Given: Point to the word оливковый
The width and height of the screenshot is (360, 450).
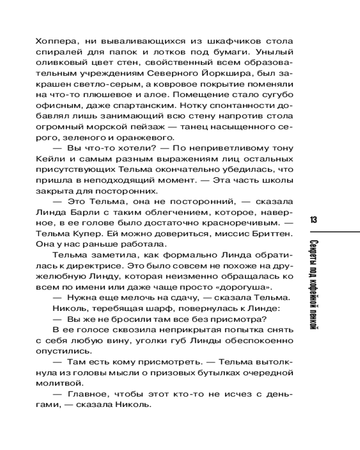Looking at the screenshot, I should [58, 63].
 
